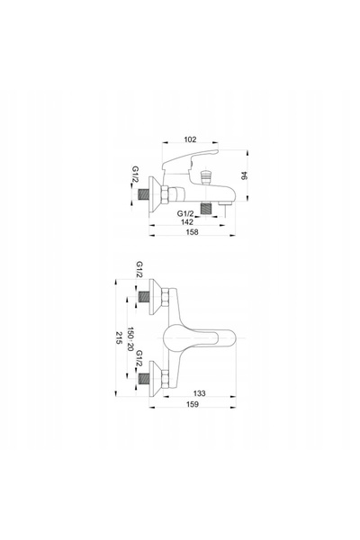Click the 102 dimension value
click(190, 139)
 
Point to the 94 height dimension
click(245, 175)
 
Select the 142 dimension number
click(187, 222)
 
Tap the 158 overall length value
click(192, 232)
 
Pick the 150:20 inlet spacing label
click(130, 339)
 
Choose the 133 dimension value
click(199, 393)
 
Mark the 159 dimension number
click(193, 404)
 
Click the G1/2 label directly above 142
click(185, 213)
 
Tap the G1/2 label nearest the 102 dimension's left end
click(136, 175)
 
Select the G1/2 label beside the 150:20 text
click(139, 359)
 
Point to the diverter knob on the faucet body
click(205, 176)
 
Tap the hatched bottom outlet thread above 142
click(206, 209)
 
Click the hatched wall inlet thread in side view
click(144, 194)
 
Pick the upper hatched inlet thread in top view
click(144, 297)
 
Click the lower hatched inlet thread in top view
click(144, 379)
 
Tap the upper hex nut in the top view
click(166, 297)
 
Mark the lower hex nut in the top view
click(166, 379)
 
